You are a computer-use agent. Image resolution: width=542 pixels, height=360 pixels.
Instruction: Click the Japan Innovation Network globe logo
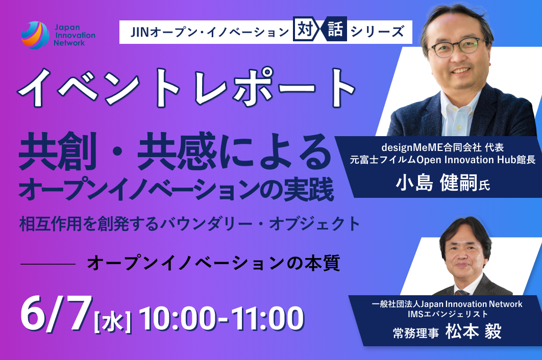pos(35,35)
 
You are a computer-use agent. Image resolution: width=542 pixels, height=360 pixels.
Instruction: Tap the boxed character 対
pos(305,30)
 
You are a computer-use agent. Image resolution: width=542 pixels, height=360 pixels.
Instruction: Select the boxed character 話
pos(335,30)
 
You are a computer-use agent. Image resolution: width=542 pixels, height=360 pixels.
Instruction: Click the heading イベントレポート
pos(187,87)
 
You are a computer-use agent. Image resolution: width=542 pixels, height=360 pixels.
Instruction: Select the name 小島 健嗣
pos(436,183)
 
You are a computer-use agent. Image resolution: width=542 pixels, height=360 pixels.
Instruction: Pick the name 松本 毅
pos(473,331)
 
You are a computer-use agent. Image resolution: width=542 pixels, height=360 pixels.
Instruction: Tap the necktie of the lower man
pos(462,293)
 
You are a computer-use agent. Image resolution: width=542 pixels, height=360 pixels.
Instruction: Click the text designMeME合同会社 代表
pos(442,147)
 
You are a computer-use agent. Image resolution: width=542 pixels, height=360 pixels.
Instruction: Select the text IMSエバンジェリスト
pos(448,314)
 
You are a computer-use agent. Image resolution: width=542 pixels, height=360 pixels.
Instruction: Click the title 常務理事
pos(416,333)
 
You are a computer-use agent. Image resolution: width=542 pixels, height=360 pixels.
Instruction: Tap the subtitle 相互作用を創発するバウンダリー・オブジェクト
pos(190,223)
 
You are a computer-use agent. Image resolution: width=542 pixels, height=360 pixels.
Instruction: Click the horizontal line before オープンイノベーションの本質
pos(48,264)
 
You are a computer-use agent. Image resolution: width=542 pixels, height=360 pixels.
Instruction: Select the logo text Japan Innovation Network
pos(75,35)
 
